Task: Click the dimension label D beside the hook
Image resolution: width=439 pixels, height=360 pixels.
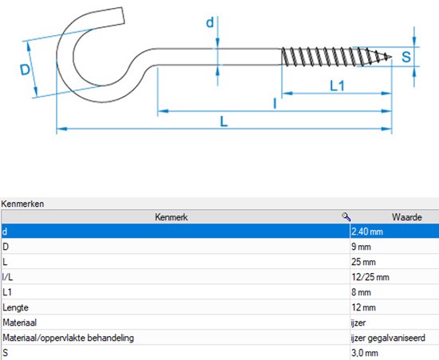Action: click(x=25, y=69)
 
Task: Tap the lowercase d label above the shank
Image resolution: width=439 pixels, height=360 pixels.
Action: click(x=210, y=22)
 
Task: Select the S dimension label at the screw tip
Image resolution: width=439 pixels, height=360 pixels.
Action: click(x=406, y=57)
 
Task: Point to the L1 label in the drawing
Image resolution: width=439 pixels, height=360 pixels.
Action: click(x=337, y=86)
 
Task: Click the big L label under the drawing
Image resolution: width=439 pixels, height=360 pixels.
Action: click(x=223, y=122)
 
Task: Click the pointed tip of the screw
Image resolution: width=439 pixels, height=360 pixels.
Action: click(x=391, y=57)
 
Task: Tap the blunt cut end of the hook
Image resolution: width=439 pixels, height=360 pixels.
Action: click(x=123, y=15)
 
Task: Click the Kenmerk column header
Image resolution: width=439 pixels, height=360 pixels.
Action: click(x=172, y=217)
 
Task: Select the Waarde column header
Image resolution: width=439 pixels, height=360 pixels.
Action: click(x=406, y=217)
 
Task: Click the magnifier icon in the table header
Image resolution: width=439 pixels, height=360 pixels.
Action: click(x=346, y=216)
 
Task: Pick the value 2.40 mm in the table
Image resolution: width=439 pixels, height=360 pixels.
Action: click(x=367, y=231)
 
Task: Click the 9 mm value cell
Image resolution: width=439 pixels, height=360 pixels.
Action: click(x=361, y=247)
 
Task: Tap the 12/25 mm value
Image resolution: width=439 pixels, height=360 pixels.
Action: click(x=370, y=277)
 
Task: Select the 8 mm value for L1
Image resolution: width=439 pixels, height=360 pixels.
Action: click(x=361, y=292)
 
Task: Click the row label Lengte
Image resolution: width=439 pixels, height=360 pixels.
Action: click(x=16, y=307)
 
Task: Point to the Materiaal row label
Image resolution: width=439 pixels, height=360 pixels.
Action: click(x=20, y=322)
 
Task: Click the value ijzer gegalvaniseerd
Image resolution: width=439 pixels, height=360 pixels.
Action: click(x=388, y=338)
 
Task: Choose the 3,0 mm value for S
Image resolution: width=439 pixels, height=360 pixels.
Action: click(x=365, y=353)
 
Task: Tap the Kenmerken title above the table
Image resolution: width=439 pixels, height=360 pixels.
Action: click(x=22, y=204)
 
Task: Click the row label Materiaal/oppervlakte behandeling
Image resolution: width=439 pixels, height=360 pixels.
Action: click(x=69, y=338)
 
